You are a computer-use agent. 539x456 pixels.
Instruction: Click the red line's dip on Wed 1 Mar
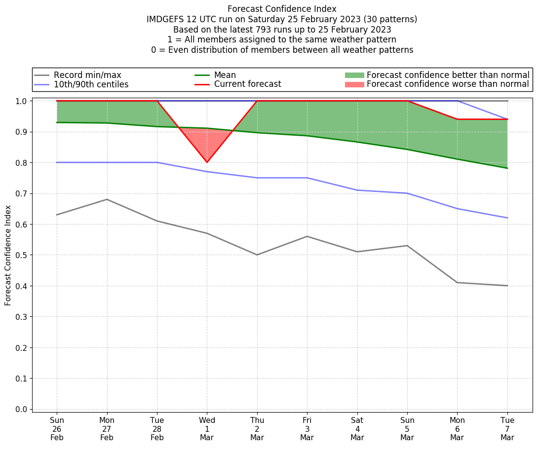[x=207, y=162]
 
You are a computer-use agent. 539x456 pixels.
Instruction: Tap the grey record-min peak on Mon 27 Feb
[x=107, y=199]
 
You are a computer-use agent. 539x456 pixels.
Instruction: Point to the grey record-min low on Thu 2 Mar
[x=257, y=255]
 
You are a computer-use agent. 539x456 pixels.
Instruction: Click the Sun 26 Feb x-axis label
[x=57, y=428]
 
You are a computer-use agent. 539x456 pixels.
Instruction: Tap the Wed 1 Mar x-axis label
[x=207, y=428]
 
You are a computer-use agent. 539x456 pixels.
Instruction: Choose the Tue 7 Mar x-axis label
[x=507, y=428]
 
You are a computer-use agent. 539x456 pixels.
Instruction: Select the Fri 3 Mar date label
[x=307, y=428]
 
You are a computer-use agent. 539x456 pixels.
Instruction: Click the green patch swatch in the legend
[x=354, y=75]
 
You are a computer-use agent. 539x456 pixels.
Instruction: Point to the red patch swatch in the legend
[x=354, y=84]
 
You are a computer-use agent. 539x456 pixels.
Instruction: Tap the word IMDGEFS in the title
[x=165, y=19]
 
